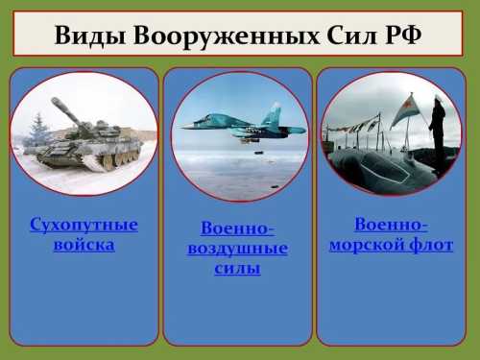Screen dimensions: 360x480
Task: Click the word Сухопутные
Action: [84, 226]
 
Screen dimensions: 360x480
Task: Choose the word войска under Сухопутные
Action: [84, 245]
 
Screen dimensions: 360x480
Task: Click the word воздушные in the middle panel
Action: [237, 249]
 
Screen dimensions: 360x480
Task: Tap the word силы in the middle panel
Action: [237, 268]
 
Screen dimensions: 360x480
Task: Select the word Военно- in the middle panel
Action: [237, 228]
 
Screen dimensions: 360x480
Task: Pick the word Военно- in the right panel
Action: [391, 225]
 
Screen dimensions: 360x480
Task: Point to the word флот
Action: [431, 245]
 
